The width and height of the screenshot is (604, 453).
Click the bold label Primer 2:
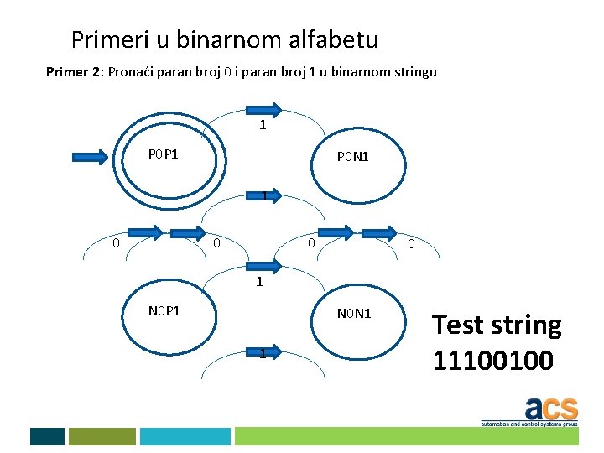[74, 72]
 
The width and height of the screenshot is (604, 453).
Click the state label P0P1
[164, 154]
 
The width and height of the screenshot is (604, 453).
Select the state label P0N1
[353, 157]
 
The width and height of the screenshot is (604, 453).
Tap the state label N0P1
[164, 310]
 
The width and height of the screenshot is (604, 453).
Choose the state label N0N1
[353, 314]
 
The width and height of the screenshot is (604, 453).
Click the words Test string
[497, 325]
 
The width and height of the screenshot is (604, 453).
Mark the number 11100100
[492, 360]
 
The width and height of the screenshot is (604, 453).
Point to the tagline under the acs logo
[528, 424]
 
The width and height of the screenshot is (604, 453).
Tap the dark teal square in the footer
[47, 436]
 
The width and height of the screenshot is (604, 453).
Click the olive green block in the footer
[102, 436]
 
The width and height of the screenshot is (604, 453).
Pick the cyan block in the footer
[185, 436]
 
